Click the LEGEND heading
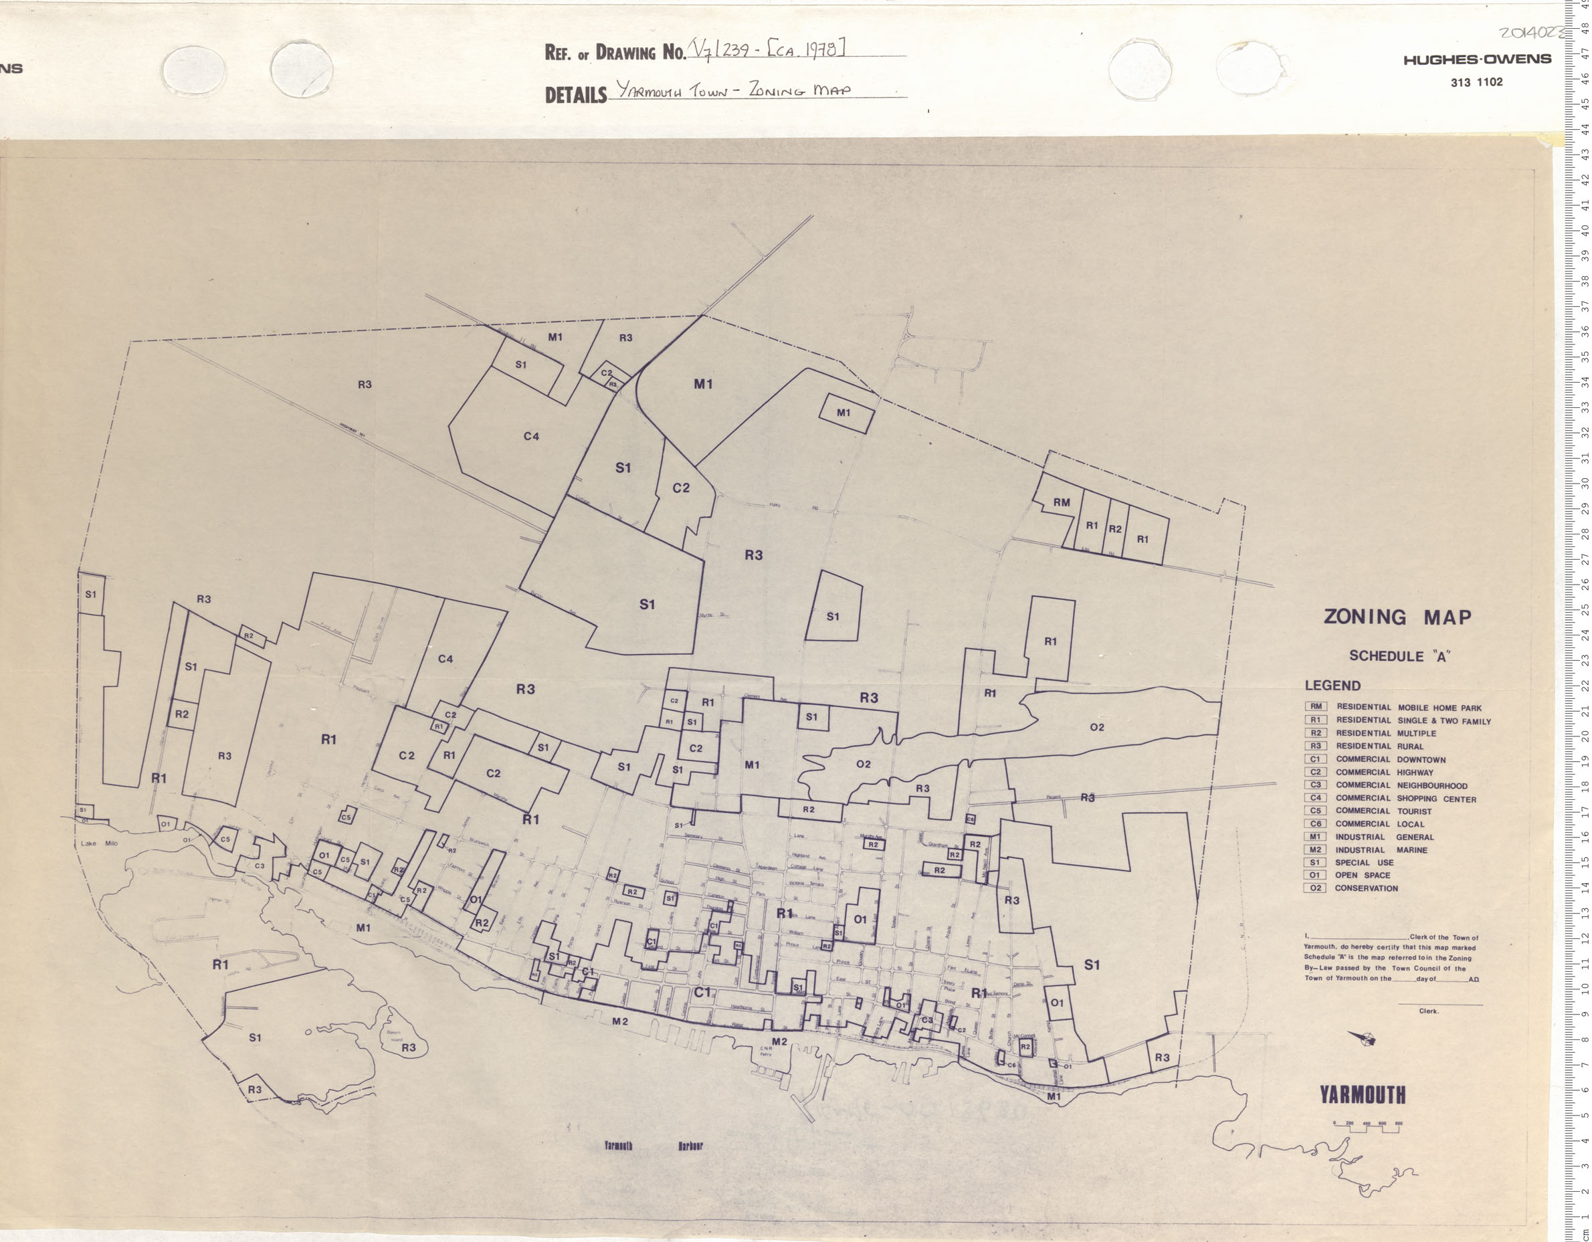point(1332,686)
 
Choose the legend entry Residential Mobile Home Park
point(1407,708)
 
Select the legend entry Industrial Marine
point(1381,850)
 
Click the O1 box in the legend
point(1315,875)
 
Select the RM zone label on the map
point(1062,502)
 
